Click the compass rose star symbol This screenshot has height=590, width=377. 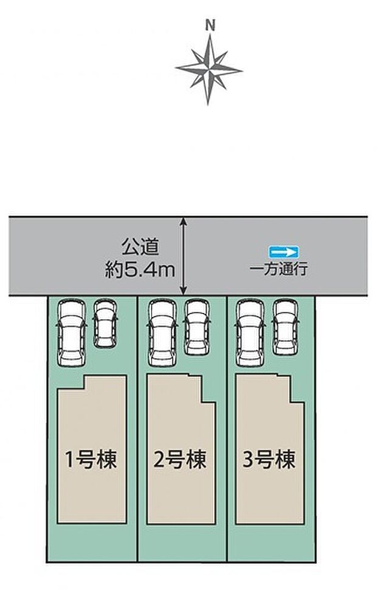pos(209,68)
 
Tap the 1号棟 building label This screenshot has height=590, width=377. pos(91,458)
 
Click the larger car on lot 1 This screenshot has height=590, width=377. pos(72,333)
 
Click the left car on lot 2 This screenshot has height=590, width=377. pos(161,333)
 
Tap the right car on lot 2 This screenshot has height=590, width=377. pos(196,327)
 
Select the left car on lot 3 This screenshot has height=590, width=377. pos(251,333)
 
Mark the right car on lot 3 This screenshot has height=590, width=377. pos(285,327)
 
